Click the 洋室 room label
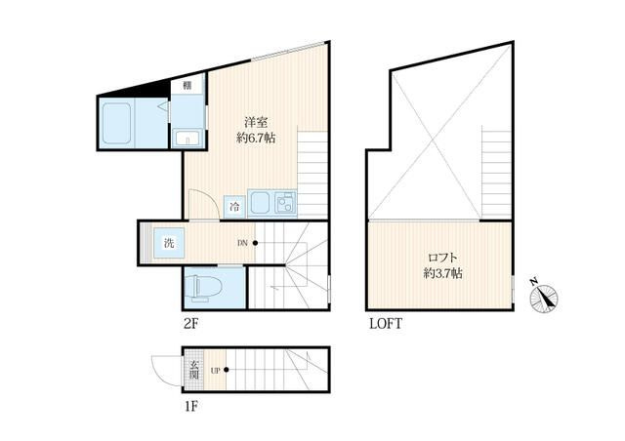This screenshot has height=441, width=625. pos(256,122)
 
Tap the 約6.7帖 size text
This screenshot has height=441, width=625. pos(256,138)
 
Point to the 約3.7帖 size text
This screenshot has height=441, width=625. pos(442,273)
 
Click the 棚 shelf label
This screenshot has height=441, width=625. pos(187,85)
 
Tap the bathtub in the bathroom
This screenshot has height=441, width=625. pos(116,123)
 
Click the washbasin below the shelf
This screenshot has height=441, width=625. pos(187,138)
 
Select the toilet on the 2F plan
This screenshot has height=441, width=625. pos(203,287)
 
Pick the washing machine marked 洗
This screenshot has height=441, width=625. pos(169,243)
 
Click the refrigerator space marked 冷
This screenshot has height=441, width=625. pos(234,207)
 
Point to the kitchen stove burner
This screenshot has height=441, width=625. pos(286,202)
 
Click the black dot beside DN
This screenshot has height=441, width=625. pos(255,243)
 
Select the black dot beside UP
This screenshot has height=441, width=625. pos(227,370)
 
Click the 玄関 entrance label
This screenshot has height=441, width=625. pos(194,370)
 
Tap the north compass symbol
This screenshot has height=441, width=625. pos(545,298)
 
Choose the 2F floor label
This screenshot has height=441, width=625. pos(191,324)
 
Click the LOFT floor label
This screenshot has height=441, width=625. pos(386,324)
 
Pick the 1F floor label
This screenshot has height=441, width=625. pos(191,407)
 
